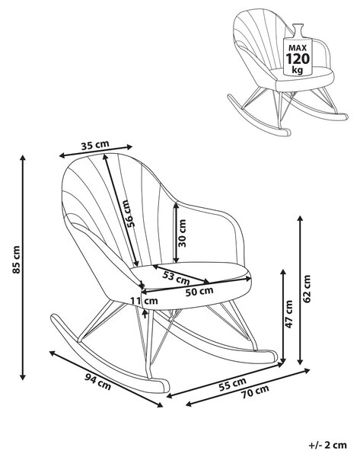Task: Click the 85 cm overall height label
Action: coord(17,260)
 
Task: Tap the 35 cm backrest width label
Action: coord(95,145)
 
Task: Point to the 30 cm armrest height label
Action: coord(182,233)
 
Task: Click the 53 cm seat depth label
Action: coord(176,278)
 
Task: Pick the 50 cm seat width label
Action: coord(199,291)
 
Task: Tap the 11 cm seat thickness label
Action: coord(144,301)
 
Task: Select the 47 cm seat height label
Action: coord(288,314)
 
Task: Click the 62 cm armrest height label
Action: coord(307,289)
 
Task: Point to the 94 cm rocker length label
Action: coord(98,382)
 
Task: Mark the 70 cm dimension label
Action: coord(255,391)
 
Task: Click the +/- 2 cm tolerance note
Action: coord(328,445)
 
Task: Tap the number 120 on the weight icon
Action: coord(298,59)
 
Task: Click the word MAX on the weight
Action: coord(298,48)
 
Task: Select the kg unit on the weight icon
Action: coord(298,70)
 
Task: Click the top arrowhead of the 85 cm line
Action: coord(23,158)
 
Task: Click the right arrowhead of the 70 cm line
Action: coord(307,371)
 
